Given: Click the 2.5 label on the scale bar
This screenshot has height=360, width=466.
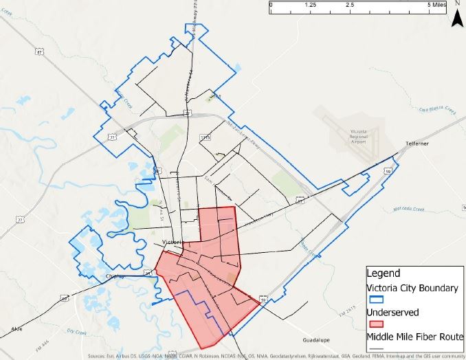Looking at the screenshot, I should [x=349, y=4].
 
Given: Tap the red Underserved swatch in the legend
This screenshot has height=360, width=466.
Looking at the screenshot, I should [x=376, y=324].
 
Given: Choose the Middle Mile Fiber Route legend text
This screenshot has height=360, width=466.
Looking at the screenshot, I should [x=415, y=336].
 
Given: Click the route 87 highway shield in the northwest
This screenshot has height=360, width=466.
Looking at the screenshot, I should [x=40, y=51].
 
